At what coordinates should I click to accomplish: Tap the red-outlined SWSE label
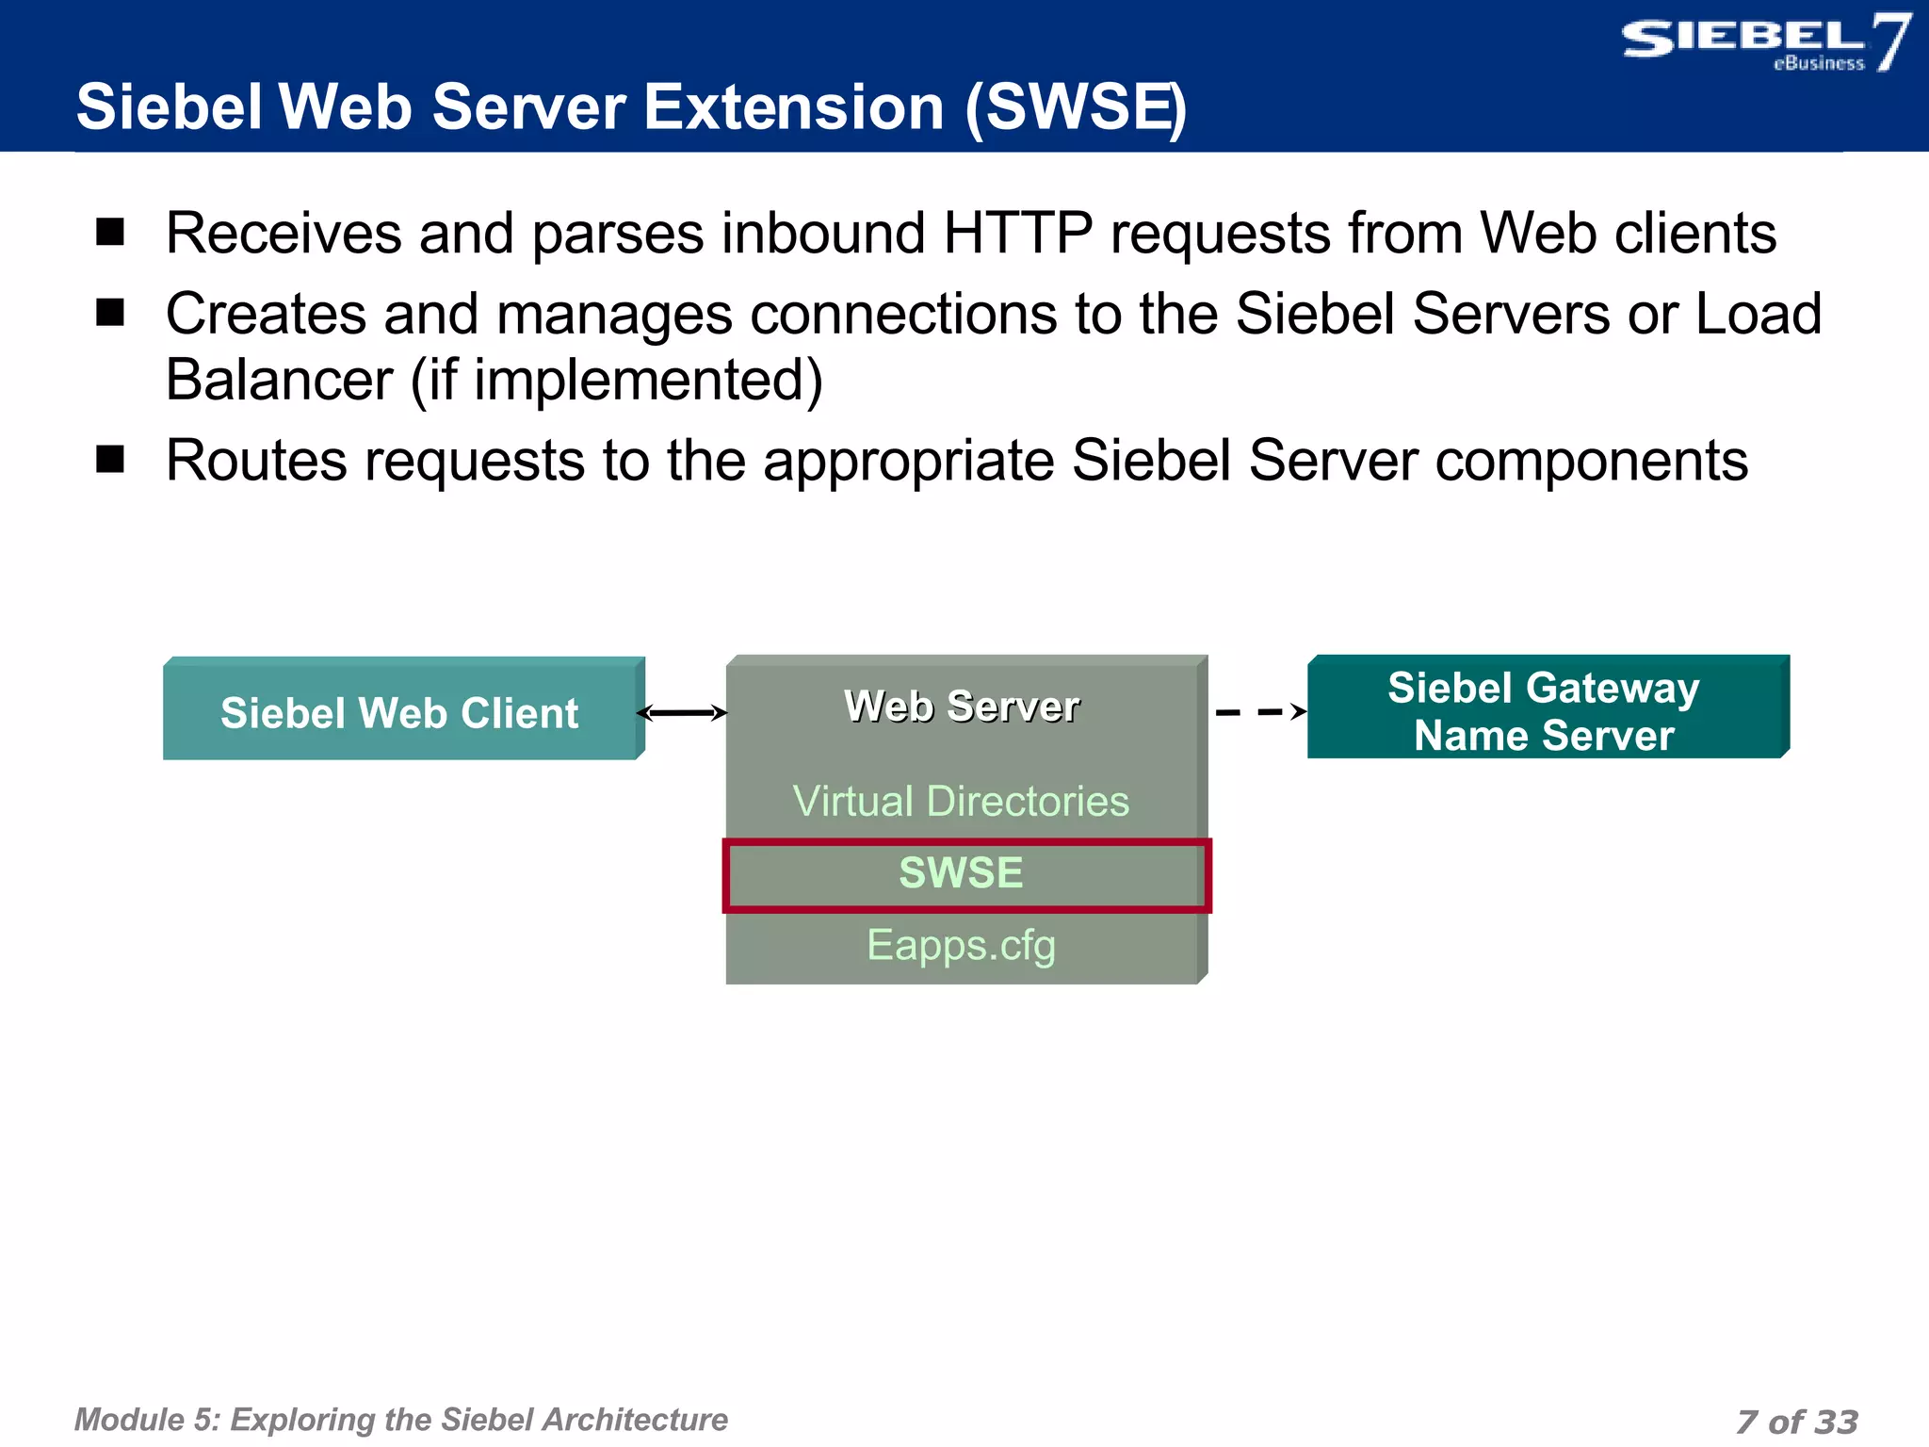(961, 873)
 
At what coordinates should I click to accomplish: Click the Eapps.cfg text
(961, 945)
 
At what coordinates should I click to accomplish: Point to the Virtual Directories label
(961, 802)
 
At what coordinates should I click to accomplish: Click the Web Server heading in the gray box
(961, 707)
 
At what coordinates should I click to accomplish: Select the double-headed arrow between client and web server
(684, 713)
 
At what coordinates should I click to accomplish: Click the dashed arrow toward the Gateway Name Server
(1259, 712)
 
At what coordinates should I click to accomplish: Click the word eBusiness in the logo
(1818, 64)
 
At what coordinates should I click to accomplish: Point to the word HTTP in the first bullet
(1017, 234)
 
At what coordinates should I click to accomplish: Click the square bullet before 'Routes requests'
(110, 460)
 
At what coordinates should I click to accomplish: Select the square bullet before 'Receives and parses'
(110, 232)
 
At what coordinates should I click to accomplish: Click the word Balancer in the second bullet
(279, 381)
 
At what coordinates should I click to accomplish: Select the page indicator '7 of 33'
(1796, 1422)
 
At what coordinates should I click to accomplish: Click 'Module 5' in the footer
(146, 1420)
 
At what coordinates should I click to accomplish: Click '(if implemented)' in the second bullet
(617, 381)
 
